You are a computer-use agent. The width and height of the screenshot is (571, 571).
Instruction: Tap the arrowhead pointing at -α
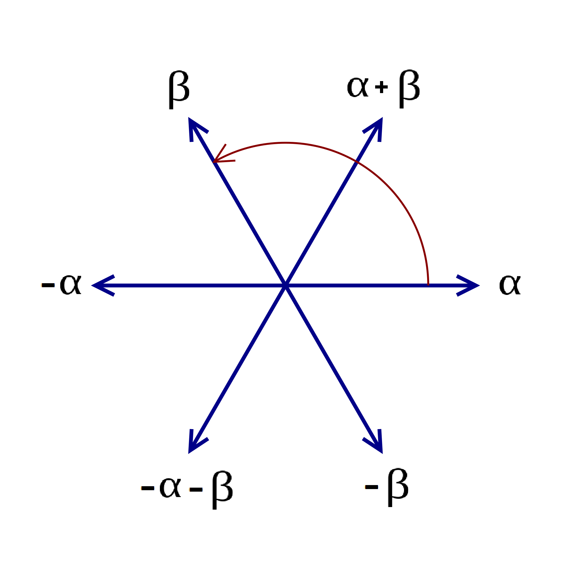[98, 285]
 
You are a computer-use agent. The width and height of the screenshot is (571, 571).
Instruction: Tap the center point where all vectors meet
[285, 285]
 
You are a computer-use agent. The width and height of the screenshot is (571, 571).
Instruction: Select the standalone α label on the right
[510, 285]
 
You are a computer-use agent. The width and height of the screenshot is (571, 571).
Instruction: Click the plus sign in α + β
[381, 87]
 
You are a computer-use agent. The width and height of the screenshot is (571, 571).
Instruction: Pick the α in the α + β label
[358, 87]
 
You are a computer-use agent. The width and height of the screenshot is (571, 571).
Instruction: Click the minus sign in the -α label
[48, 285]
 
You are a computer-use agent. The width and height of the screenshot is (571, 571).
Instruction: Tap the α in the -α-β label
[170, 487]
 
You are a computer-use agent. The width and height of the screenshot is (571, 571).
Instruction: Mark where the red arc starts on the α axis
[428, 284]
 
